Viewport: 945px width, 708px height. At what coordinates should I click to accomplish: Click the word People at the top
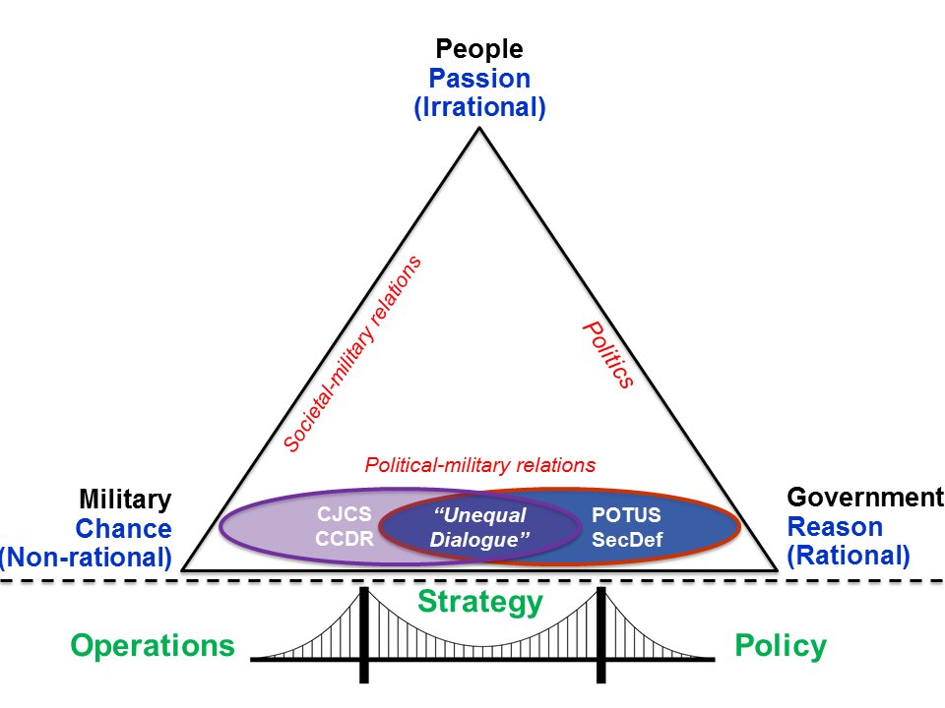tap(479, 48)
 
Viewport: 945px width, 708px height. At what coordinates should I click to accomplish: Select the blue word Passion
tap(479, 78)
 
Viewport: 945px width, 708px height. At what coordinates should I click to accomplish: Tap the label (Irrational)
tap(479, 107)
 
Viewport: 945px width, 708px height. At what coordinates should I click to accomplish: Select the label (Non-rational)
tap(86, 558)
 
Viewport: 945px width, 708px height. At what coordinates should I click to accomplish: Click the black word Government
tap(865, 497)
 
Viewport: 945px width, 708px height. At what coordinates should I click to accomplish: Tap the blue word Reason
tap(836, 526)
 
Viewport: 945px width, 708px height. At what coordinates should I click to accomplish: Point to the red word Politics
tap(606, 354)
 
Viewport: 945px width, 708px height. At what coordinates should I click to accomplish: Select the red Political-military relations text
tap(479, 464)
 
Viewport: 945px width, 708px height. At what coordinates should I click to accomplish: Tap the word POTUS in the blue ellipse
tap(626, 514)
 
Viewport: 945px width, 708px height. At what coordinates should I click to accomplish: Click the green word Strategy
tap(479, 601)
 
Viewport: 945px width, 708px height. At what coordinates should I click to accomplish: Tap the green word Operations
tap(153, 646)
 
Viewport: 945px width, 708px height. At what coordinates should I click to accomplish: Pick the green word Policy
tap(780, 646)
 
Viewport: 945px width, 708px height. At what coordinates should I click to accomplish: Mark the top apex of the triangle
tap(479, 128)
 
